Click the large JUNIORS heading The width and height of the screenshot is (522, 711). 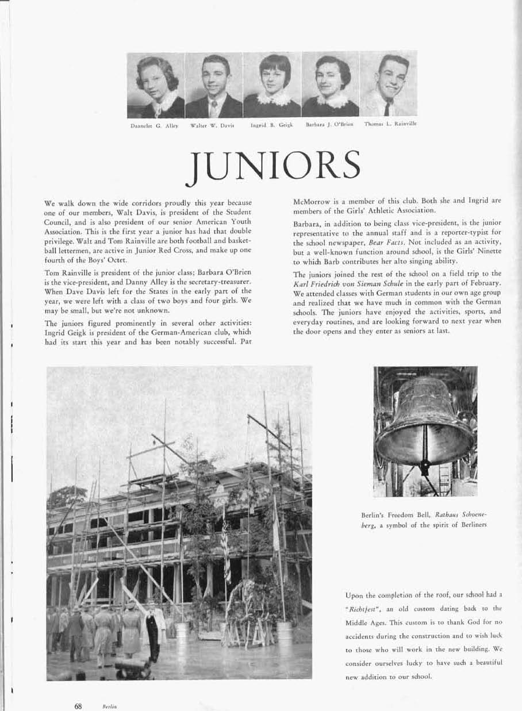(x=273, y=166)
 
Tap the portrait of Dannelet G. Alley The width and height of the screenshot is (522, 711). (x=156, y=85)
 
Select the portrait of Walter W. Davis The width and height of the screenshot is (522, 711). (x=214, y=85)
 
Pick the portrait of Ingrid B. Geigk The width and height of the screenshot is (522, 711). (x=272, y=85)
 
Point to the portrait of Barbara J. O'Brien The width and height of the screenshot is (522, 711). (x=330, y=85)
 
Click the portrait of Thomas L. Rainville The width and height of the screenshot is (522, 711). (x=389, y=85)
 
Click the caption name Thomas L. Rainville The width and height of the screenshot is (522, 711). (x=390, y=124)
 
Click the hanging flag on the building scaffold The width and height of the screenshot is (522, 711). (x=226, y=552)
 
